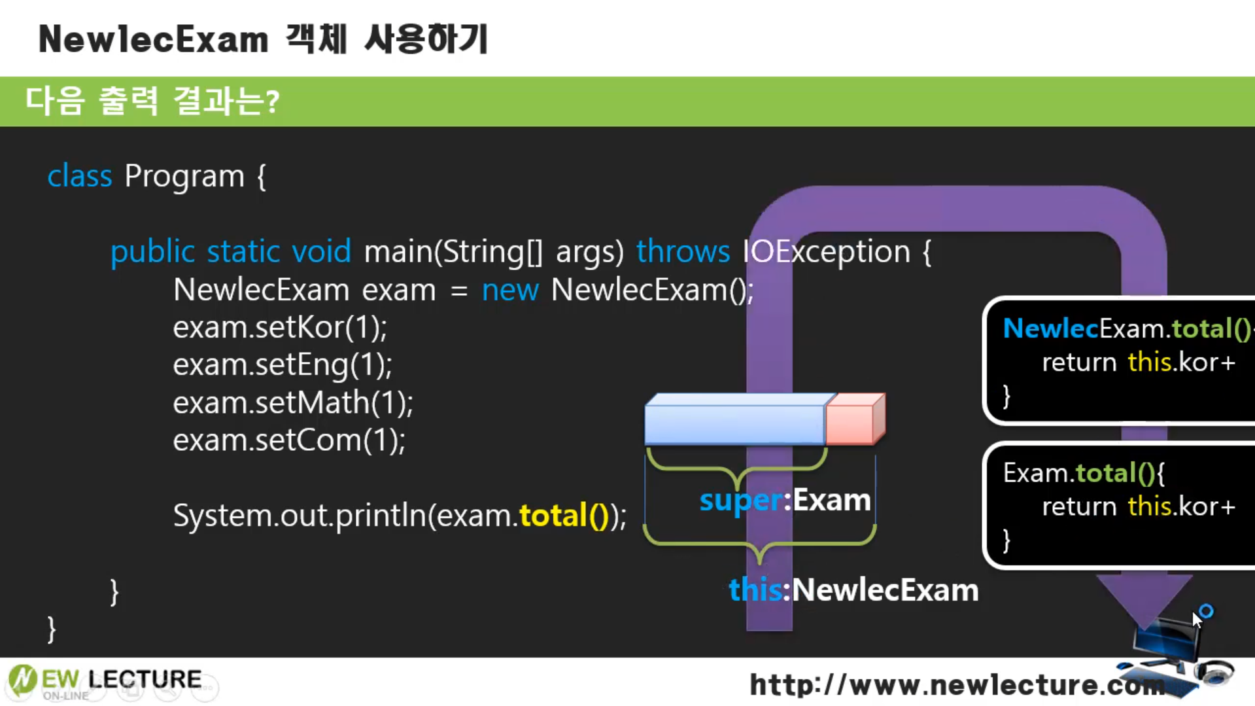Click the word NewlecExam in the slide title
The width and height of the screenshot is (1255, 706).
click(x=153, y=39)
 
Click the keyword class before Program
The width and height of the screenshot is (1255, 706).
click(x=79, y=176)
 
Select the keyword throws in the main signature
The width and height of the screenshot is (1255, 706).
click(x=682, y=251)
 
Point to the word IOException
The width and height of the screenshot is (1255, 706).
click(x=826, y=251)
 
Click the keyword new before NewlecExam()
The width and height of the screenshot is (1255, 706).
click(x=509, y=289)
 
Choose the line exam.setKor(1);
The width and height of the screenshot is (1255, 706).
click(x=280, y=327)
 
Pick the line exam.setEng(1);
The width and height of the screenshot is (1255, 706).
click(x=282, y=364)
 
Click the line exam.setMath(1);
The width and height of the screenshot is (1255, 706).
click(x=292, y=402)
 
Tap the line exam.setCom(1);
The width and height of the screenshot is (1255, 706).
click(x=288, y=440)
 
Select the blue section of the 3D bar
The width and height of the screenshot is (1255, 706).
click(x=734, y=422)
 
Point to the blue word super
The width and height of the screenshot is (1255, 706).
click(x=740, y=501)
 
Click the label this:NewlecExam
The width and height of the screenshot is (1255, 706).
click(x=853, y=590)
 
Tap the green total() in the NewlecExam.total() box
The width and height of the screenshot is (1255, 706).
click(x=1211, y=328)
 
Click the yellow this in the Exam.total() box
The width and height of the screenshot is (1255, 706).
click(x=1149, y=506)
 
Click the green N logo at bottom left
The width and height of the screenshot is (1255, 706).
click(x=22, y=679)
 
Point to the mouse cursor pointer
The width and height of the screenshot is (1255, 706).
click(x=1196, y=618)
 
